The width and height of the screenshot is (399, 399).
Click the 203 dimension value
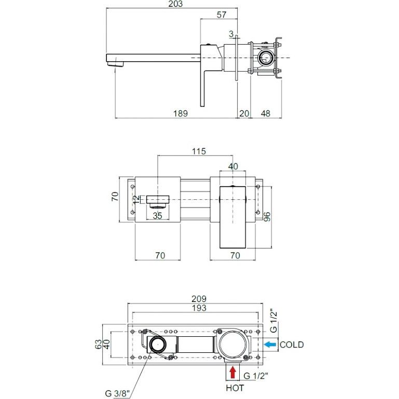pyautogui.click(x=175, y=4)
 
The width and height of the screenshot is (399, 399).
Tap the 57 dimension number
pyautogui.click(x=222, y=15)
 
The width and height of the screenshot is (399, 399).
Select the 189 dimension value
pyautogui.click(x=181, y=114)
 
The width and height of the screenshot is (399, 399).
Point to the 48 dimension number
pyautogui.click(x=266, y=114)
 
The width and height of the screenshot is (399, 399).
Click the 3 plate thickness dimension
pyautogui.click(x=231, y=34)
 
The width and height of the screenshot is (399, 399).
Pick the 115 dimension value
pyautogui.click(x=199, y=152)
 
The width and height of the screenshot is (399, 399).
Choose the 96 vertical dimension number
pyautogui.click(x=267, y=217)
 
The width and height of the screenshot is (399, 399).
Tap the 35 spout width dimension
pyautogui.click(x=157, y=216)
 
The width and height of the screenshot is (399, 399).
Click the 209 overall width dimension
pyautogui.click(x=199, y=299)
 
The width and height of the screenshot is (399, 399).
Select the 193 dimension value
pyautogui.click(x=199, y=308)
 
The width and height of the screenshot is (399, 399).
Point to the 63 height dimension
pyautogui.click(x=99, y=345)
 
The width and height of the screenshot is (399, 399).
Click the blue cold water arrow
pyautogui.click(x=270, y=345)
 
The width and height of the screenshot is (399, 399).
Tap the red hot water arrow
pyautogui.click(x=232, y=373)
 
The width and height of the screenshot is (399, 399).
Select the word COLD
pyautogui.click(x=292, y=345)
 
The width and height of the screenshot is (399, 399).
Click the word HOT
pyautogui.click(x=235, y=388)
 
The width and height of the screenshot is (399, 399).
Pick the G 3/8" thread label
pyautogui.click(x=118, y=393)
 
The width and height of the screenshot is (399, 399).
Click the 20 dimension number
pyautogui.click(x=244, y=114)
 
